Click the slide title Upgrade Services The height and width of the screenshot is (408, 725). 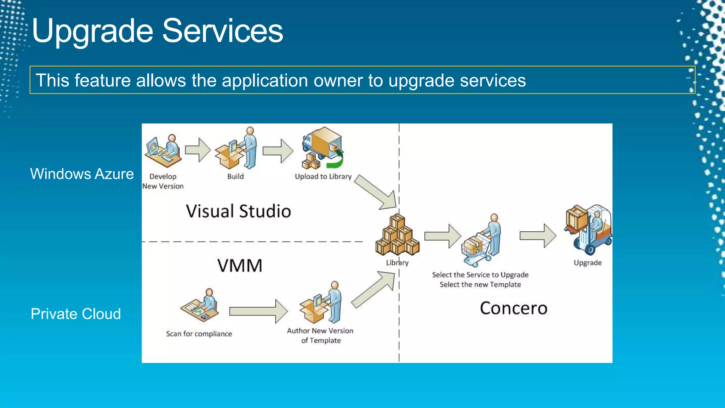[158, 31]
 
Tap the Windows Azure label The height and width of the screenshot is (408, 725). [82, 174]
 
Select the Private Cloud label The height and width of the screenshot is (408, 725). [76, 314]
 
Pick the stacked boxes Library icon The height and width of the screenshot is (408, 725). [397, 236]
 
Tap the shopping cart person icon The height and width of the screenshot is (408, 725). [481, 241]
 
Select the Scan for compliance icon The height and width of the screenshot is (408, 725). [200, 306]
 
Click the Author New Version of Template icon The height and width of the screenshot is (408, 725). [321, 303]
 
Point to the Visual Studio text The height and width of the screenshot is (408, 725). [238, 211]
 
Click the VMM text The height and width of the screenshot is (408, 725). [240, 266]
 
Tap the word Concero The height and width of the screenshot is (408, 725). [513, 308]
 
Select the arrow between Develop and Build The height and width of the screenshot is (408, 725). [198, 150]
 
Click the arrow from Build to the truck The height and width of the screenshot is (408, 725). [278, 151]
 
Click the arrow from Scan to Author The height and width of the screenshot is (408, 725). [258, 311]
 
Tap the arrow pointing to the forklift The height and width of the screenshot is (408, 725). [537, 236]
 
